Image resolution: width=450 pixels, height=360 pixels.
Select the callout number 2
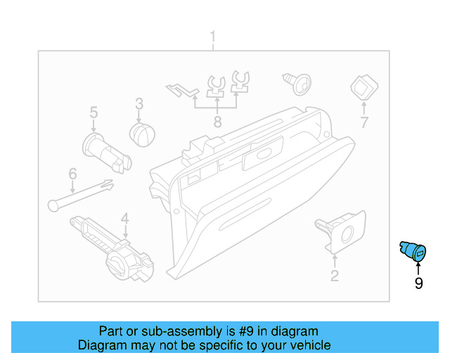point(335,276)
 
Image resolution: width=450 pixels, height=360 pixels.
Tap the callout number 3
point(139,103)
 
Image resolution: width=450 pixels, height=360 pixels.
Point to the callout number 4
point(124,218)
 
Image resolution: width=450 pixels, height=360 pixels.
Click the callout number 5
point(93,112)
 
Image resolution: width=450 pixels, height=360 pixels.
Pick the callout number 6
point(72,174)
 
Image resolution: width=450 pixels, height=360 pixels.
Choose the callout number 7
point(364,123)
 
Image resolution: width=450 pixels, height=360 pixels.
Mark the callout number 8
point(217,122)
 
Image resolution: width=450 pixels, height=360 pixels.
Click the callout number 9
point(418,283)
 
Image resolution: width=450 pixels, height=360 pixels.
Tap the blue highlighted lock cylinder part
point(413,251)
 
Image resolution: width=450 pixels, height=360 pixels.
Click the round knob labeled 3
point(143,132)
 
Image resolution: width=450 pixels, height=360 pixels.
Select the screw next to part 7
point(297,83)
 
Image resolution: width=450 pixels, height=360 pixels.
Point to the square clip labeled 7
point(363,88)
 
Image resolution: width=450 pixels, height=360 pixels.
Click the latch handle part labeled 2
point(339,231)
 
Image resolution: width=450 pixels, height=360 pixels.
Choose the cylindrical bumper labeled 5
point(106,151)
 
